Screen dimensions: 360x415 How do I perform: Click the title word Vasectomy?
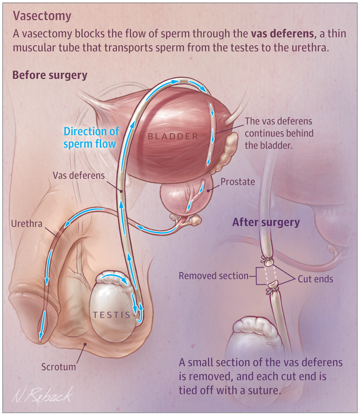pyautogui.click(x=42, y=16)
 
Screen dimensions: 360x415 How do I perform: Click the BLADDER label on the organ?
pyautogui.click(x=173, y=136)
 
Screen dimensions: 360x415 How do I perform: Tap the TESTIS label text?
pyautogui.click(x=112, y=315)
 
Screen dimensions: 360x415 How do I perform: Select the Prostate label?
pyautogui.click(x=238, y=182)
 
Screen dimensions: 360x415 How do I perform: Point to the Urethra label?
pyautogui.click(x=27, y=224)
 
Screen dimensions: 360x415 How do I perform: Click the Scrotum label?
pyautogui.click(x=59, y=367)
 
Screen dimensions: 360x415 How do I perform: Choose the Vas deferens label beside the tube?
pyautogui.click(x=79, y=176)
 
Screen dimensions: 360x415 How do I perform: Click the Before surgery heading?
pyautogui.click(x=50, y=76)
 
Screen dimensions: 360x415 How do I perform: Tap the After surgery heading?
pyautogui.click(x=266, y=222)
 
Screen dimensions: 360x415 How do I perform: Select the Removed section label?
pyautogui.click(x=213, y=276)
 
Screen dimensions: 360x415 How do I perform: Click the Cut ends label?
pyautogui.click(x=316, y=279)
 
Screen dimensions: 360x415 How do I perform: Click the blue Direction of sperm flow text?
pyautogui.click(x=91, y=138)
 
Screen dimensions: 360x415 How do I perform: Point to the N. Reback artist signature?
pyautogui.click(x=42, y=396)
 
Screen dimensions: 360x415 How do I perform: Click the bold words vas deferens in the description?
pyautogui.click(x=282, y=34)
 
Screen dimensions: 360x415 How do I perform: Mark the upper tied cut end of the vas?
pyautogui.click(x=268, y=260)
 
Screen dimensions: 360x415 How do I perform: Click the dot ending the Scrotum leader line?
pyautogui.click(x=85, y=344)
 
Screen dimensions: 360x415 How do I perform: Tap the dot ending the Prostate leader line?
pyautogui.click(x=208, y=190)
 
